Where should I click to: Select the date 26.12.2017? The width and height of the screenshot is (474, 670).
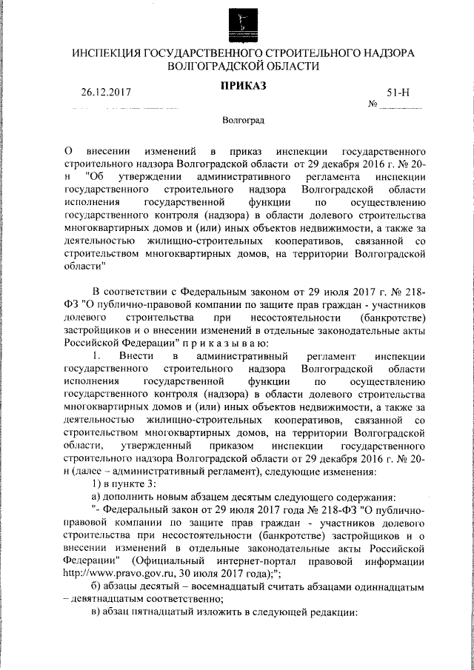coord(106,94)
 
